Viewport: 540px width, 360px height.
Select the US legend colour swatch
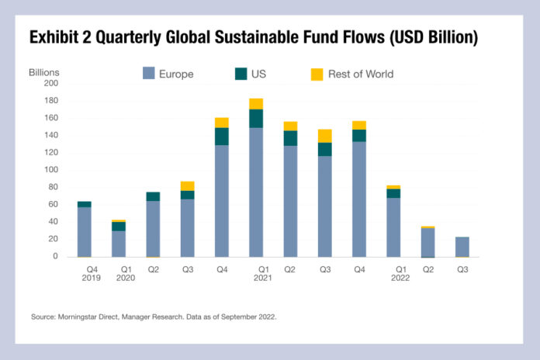click(x=240, y=74)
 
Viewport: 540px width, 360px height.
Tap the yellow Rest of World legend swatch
click(x=317, y=74)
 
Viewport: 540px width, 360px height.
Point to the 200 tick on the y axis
click(x=51, y=83)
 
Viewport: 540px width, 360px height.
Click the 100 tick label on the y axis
click(x=51, y=170)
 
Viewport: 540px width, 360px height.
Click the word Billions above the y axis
click(x=44, y=73)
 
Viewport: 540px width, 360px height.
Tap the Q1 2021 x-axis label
click(x=256, y=275)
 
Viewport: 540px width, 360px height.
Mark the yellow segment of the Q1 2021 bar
click(x=256, y=104)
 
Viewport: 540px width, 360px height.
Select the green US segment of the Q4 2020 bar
click(x=222, y=137)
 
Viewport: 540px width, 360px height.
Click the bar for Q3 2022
click(x=462, y=247)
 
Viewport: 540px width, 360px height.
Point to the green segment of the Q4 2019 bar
click(x=85, y=204)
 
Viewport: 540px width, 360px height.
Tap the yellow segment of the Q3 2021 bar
click(x=325, y=136)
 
